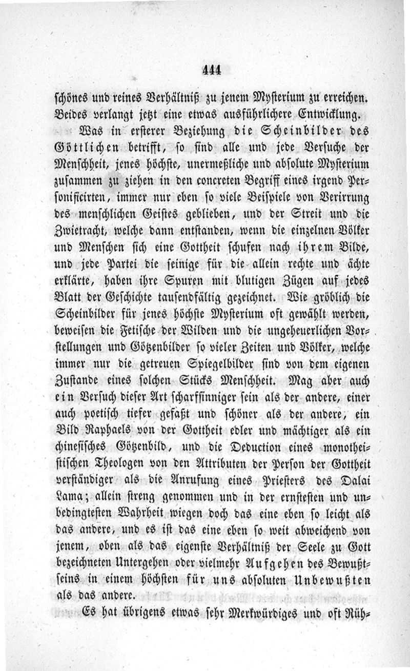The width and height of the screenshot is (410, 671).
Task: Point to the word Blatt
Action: tap(67, 297)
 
